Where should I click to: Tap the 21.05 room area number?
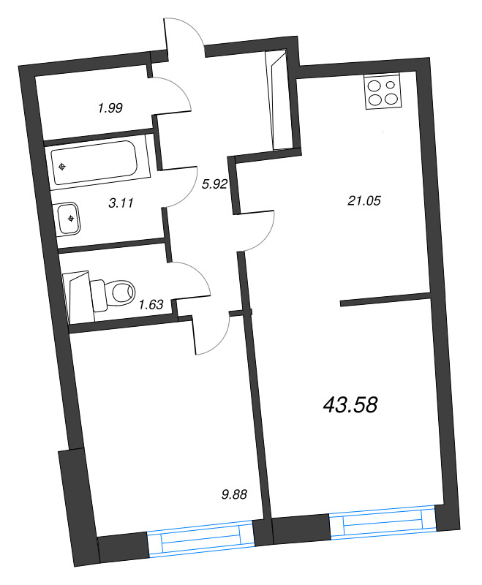(365, 199)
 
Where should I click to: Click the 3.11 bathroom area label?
(121, 204)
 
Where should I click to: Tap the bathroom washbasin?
(69, 218)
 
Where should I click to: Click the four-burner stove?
(383, 92)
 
